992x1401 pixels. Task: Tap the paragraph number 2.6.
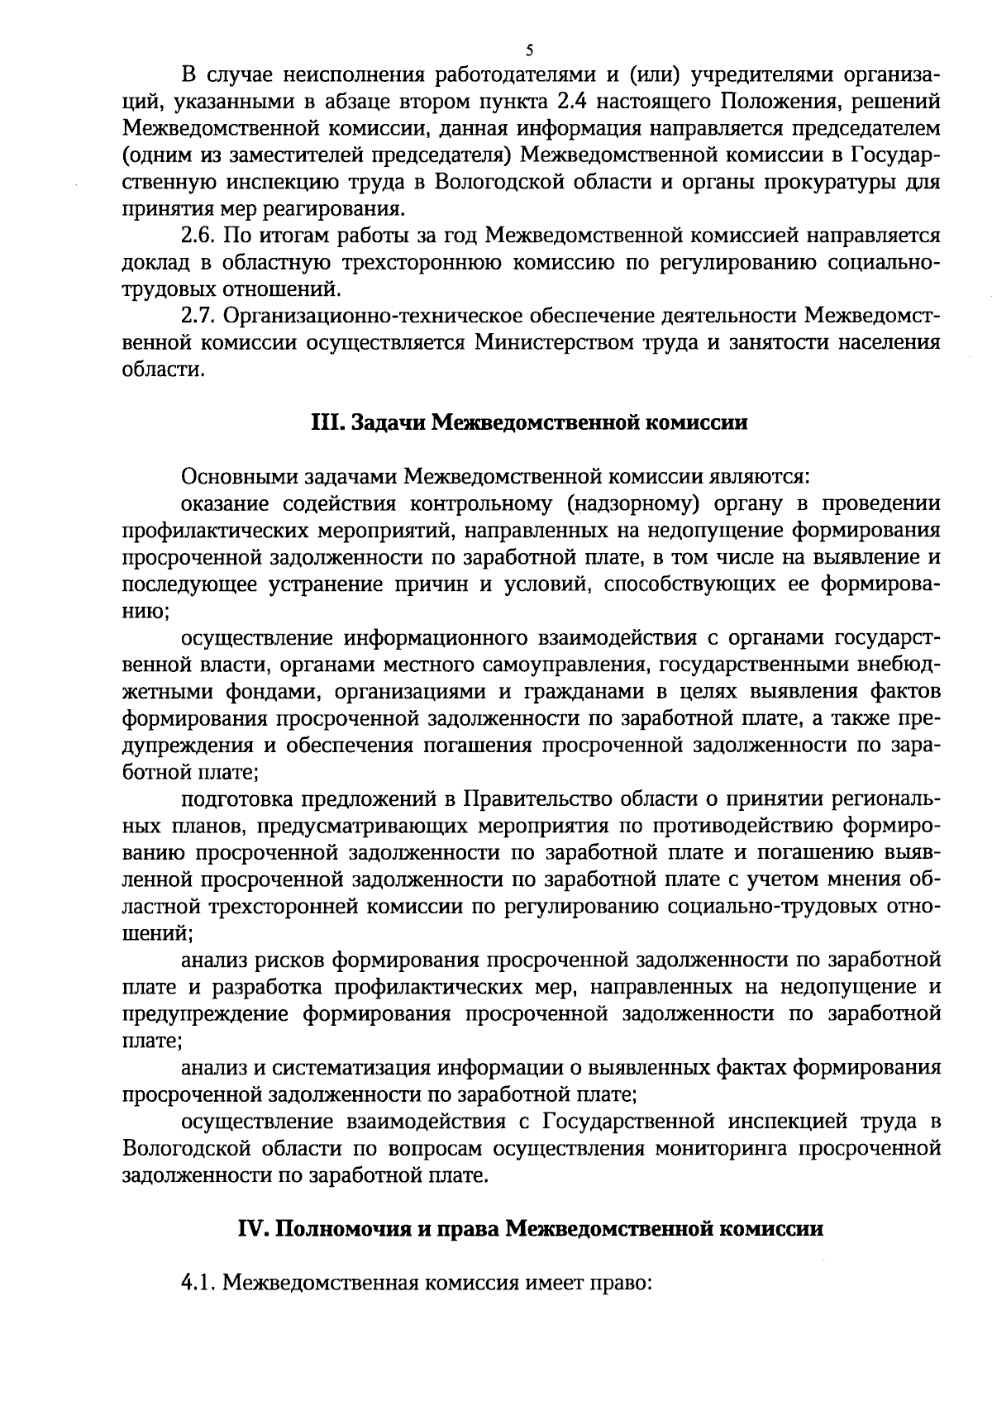pos(198,236)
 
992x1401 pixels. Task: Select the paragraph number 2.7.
pos(198,317)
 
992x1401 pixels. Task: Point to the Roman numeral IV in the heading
pos(250,1228)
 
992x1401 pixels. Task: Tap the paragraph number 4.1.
pos(198,1284)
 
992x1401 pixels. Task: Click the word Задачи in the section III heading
pos(387,423)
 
